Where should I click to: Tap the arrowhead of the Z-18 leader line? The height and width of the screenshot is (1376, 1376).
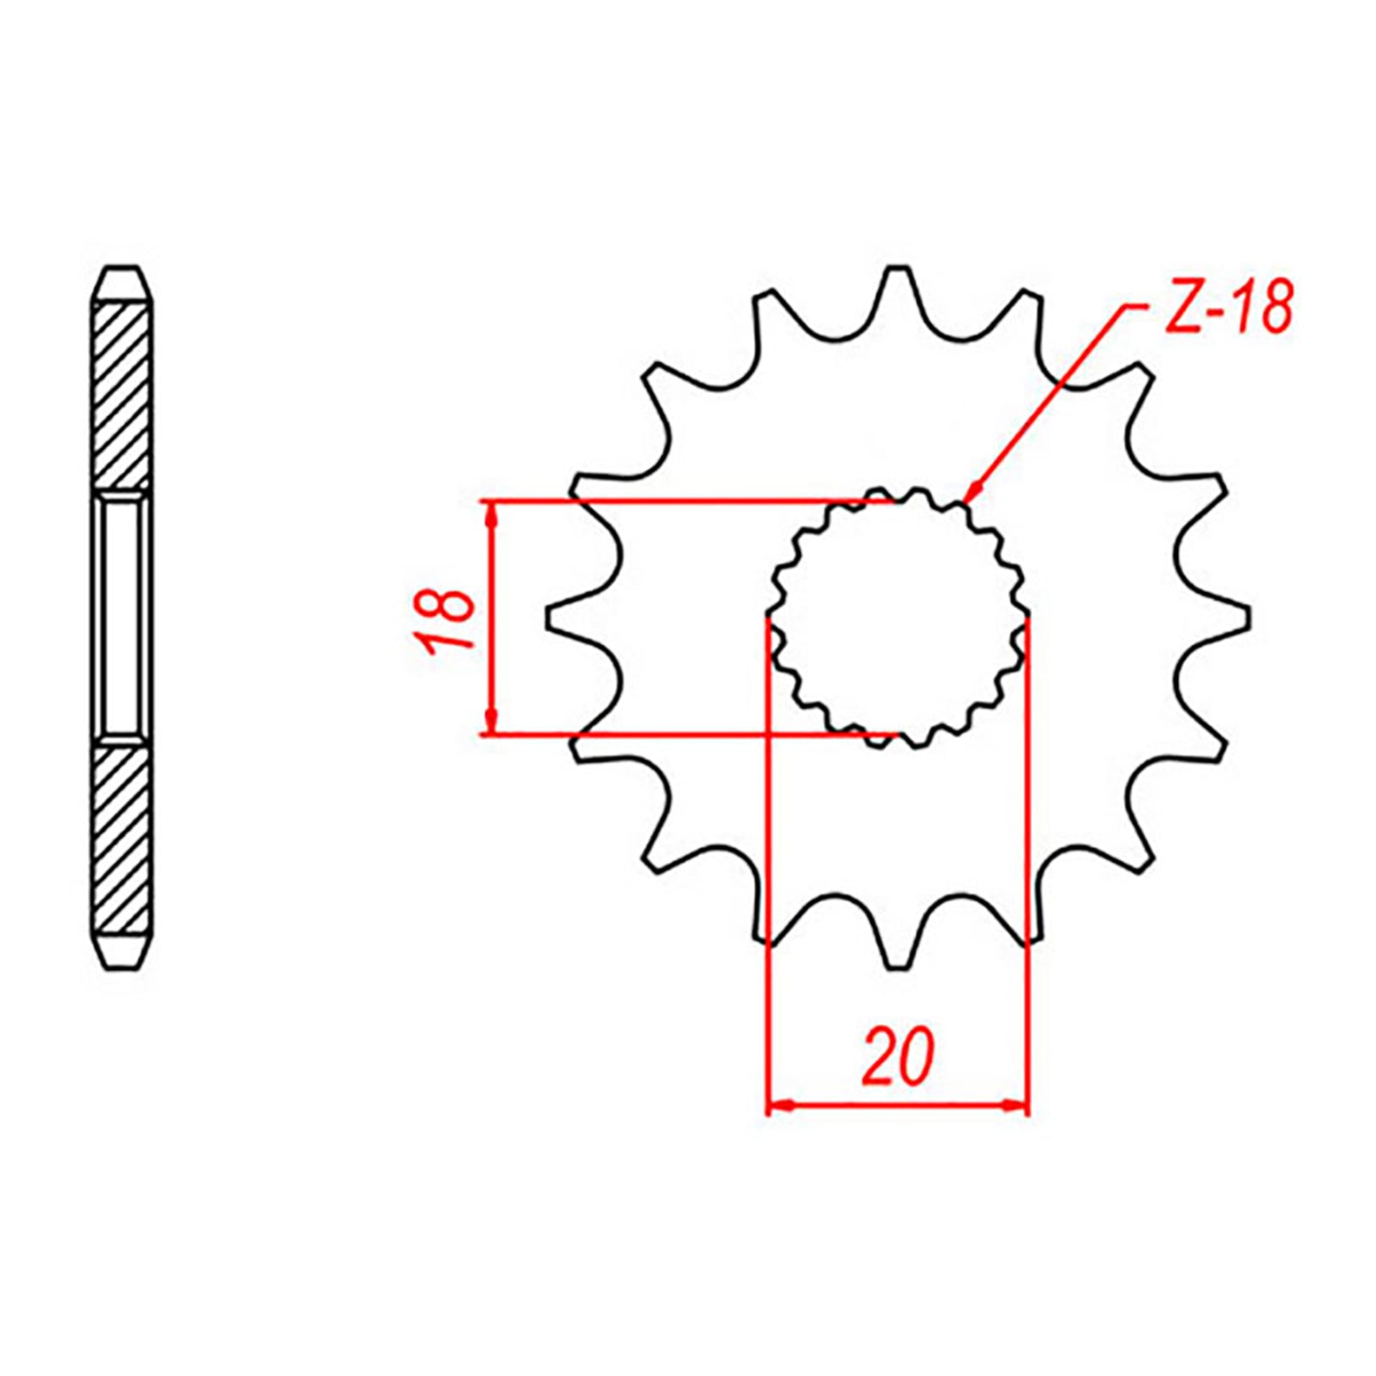(x=970, y=493)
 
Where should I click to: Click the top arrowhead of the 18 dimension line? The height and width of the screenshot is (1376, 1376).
(x=491, y=512)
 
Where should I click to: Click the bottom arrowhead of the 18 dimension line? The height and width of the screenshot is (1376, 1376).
(x=491, y=723)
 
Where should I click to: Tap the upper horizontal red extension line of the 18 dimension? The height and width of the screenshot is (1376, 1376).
(x=671, y=500)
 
